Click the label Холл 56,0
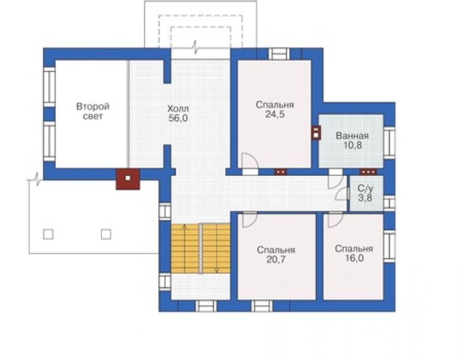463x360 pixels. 178,113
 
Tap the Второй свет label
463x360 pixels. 93,111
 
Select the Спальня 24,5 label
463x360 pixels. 275,110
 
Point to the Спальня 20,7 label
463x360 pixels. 276,254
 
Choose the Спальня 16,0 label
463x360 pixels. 354,254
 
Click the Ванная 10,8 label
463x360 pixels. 352,140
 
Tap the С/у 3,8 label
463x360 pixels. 365,193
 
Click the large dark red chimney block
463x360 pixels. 128,179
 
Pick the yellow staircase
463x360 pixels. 200,249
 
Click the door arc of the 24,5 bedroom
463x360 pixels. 254,158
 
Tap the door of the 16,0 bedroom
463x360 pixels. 335,220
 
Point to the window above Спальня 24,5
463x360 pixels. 279,54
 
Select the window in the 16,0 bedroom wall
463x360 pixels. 389,245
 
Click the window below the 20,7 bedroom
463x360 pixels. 262,306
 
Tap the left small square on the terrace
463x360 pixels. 48,234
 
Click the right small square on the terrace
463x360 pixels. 106,234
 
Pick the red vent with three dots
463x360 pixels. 369,172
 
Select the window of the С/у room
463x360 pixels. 389,203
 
